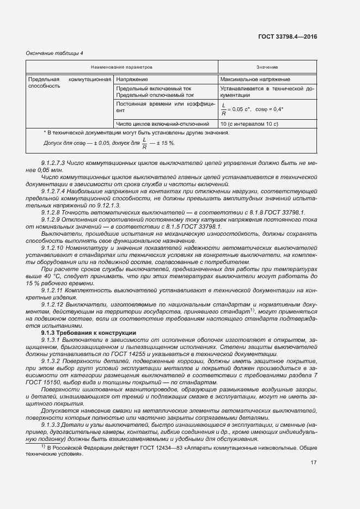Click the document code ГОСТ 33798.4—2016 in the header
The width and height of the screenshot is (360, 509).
pos(287,36)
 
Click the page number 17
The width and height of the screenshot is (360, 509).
pos(314,463)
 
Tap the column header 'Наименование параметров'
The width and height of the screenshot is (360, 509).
pos(122,67)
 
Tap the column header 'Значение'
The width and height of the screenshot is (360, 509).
pos(267,67)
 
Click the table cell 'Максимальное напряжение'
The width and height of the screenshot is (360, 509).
pos(255,79)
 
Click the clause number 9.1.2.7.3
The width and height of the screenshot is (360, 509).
pos(53,163)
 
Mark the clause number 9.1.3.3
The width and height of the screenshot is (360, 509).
pos(51,424)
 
